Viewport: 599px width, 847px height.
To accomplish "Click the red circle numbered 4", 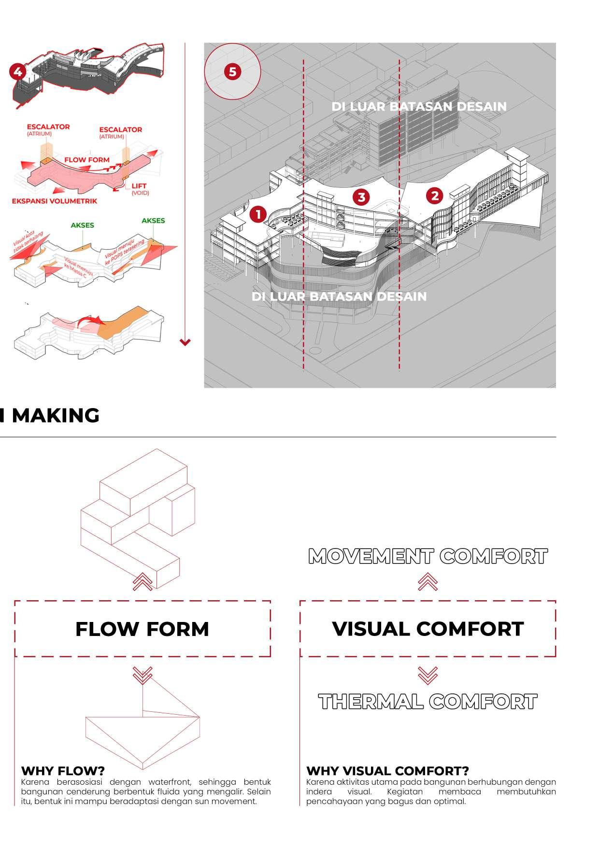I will [18, 72].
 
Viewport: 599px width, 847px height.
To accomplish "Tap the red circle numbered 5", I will [232, 72].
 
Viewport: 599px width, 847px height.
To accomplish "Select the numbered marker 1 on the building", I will [258, 214].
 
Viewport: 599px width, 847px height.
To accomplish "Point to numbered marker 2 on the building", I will [435, 196].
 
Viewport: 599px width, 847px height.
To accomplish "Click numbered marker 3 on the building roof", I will [361, 197].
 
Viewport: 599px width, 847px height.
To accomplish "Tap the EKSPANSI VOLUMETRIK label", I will [55, 201].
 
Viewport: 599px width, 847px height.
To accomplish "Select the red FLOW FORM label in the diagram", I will [87, 160].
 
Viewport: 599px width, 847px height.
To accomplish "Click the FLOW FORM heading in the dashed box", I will [142, 629].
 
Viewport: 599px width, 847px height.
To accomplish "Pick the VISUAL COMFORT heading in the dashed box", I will [428, 628].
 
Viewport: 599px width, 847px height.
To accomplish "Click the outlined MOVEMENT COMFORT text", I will [428, 556].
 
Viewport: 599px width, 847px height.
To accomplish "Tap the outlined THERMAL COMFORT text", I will [428, 702].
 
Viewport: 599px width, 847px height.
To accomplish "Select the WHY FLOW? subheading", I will [63, 770].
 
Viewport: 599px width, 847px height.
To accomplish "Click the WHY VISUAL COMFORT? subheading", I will [387, 770].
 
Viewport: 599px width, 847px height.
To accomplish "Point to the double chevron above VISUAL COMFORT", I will [428, 581].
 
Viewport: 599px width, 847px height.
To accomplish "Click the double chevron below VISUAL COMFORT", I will [428, 675].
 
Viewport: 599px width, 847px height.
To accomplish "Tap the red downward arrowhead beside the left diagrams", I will [185, 342].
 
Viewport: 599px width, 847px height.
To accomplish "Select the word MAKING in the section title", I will [56, 415].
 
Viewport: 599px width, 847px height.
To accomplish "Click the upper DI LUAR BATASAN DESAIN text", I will [419, 107].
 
